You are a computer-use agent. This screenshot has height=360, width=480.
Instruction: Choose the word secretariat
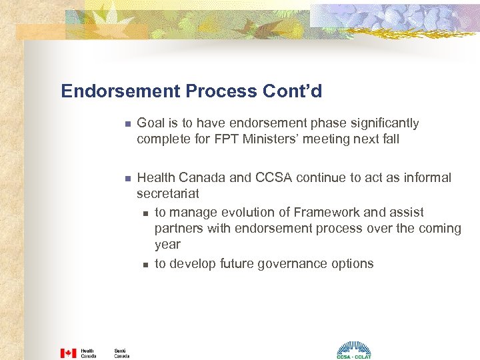(x=168, y=194)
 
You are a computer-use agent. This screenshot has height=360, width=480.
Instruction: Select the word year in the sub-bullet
(x=167, y=245)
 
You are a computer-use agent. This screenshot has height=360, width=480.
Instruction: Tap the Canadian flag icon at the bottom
(x=68, y=353)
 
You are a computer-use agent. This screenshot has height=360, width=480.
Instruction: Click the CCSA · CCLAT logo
(x=353, y=351)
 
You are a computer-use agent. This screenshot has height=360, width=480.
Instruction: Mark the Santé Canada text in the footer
(x=122, y=353)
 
